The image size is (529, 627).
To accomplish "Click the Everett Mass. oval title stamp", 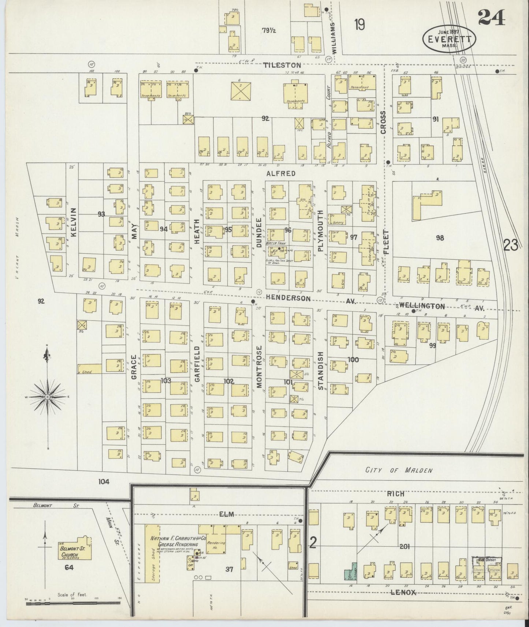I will [x=450, y=39].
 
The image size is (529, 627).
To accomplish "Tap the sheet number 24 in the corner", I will [x=491, y=17].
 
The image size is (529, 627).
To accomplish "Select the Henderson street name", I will [x=288, y=298].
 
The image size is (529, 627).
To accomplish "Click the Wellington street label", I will [x=422, y=306].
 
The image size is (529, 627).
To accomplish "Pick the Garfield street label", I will [x=197, y=364].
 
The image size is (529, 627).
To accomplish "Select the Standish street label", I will [x=321, y=370].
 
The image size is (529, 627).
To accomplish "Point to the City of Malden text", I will [x=394, y=470].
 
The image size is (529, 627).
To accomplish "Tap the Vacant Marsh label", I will [x=17, y=249].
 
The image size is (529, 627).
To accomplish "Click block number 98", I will [x=440, y=238].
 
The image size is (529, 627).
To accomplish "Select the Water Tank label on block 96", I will [x=278, y=243].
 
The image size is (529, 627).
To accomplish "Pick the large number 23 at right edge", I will [x=511, y=245].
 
